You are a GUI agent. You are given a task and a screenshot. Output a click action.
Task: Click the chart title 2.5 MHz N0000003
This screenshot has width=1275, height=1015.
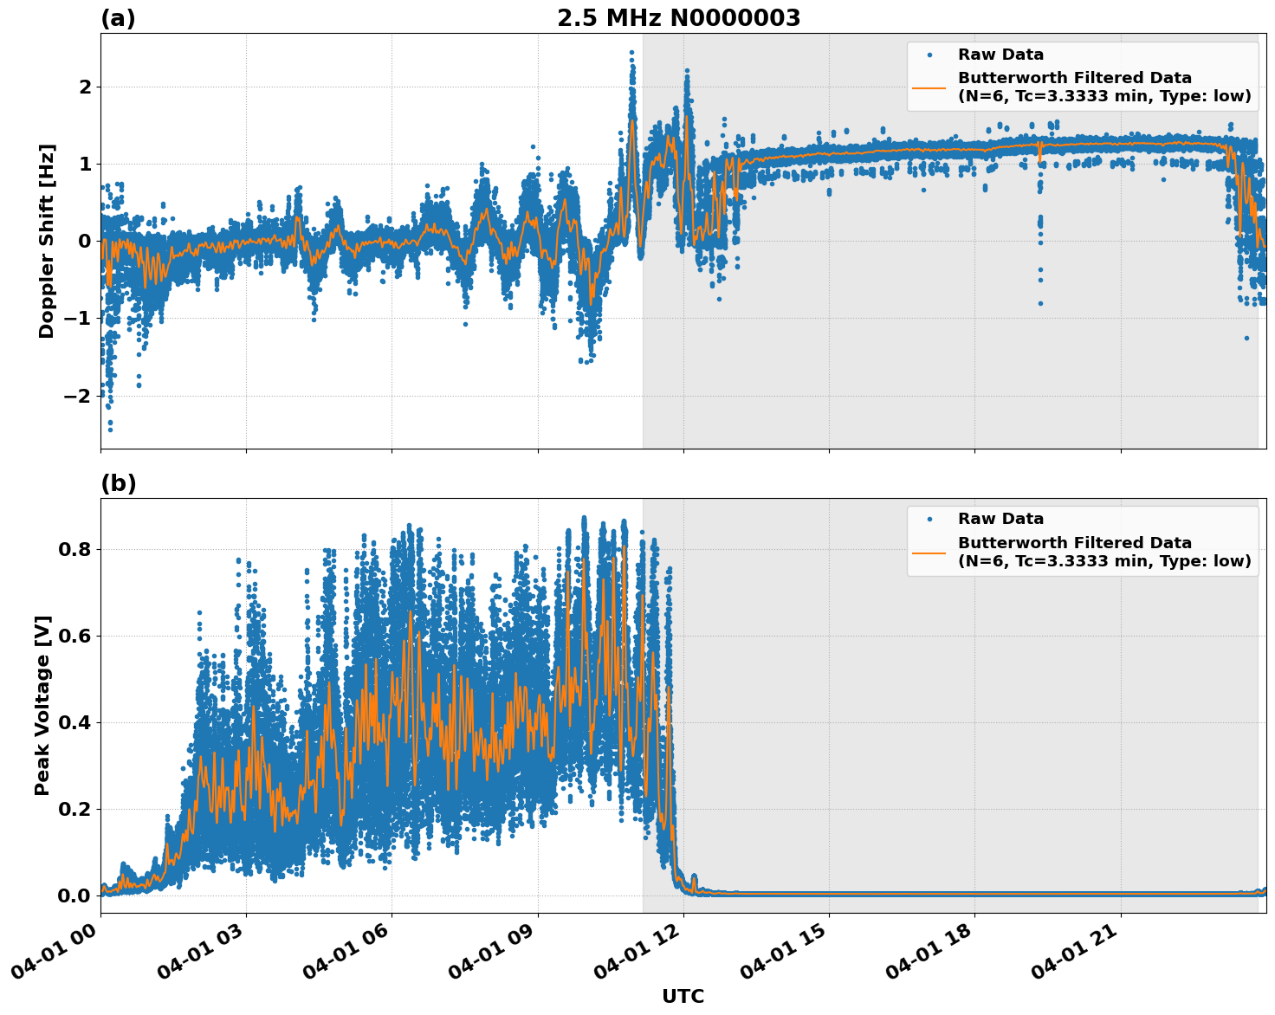click(678, 18)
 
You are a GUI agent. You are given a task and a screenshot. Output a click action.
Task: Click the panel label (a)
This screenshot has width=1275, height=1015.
click(118, 18)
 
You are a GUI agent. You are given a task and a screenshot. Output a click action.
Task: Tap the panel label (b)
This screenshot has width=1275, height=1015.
click(118, 483)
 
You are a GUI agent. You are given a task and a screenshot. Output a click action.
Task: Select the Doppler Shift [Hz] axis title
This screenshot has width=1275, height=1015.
click(47, 241)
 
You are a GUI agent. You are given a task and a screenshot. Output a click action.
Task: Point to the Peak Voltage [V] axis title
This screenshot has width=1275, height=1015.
click(42, 705)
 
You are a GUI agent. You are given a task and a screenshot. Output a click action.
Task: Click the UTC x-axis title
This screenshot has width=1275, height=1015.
click(683, 996)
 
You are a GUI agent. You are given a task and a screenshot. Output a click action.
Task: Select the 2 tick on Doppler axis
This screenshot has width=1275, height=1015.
click(84, 87)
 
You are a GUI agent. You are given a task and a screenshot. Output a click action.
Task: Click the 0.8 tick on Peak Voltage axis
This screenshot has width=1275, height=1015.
click(74, 549)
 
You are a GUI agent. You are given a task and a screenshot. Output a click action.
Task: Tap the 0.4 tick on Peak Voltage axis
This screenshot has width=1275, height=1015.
click(74, 722)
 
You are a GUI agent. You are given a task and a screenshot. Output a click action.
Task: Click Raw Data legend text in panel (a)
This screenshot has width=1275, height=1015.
click(1000, 55)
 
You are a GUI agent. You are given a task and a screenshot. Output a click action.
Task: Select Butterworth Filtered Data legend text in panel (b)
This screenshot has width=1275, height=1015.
click(1074, 543)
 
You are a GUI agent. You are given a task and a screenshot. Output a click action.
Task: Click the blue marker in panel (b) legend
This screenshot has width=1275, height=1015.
click(929, 519)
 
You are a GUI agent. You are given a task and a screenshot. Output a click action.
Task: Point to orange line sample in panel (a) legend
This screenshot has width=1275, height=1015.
click(929, 87)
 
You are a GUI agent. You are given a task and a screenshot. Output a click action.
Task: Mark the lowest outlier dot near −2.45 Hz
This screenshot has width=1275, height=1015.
click(110, 430)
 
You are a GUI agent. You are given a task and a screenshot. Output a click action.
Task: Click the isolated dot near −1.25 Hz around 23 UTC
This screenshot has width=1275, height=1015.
click(1246, 338)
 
